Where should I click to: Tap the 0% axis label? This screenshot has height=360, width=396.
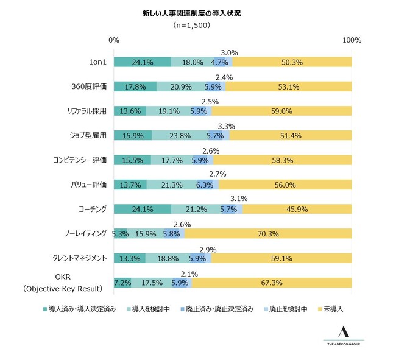114,40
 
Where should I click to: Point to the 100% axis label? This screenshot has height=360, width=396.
352,40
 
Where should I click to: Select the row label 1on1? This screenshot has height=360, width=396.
97,62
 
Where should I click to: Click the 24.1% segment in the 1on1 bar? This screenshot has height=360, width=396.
143,62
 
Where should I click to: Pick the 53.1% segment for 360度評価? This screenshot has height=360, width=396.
288,86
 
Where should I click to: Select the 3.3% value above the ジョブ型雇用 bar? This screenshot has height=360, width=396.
226,126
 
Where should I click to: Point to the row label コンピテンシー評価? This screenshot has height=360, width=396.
80,160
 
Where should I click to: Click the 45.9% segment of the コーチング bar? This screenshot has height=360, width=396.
297,209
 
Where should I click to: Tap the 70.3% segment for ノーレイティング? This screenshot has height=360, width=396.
268,233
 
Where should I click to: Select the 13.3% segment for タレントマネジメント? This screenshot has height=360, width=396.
130,258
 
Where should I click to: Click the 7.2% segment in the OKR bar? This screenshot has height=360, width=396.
122,283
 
